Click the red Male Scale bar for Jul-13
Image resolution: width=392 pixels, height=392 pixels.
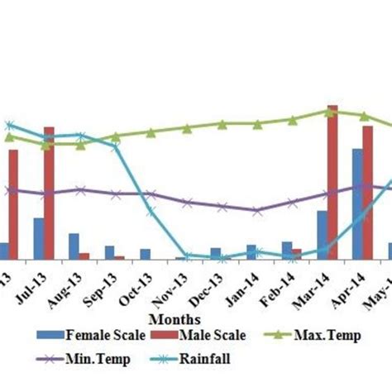pos(49,194)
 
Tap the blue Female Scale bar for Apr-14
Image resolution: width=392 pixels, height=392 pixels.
pos(357,204)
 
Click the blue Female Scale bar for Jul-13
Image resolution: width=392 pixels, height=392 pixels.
pos(38,239)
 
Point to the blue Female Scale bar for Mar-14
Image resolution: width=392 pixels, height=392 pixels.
pos(322,235)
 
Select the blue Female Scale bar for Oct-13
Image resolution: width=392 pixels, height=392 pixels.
pos(145,254)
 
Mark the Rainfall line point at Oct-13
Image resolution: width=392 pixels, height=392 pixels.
pos(151,210)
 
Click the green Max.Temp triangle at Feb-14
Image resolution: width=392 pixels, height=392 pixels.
pos(293,120)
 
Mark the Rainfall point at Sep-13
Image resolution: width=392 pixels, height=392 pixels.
pos(115,146)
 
